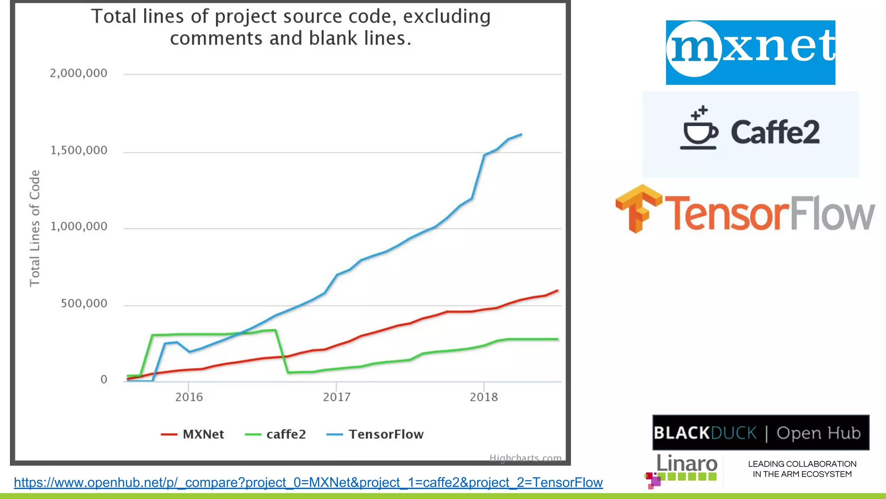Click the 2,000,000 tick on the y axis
(78, 73)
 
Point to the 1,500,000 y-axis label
(78, 150)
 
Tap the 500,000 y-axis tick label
(84, 304)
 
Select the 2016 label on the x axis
(189, 397)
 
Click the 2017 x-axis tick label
(337, 397)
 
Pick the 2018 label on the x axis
(484, 397)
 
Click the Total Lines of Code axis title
(35, 228)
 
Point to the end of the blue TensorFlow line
(522, 135)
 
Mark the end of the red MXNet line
(557, 291)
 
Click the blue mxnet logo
(750, 52)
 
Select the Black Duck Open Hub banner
(761, 432)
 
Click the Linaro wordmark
(687, 463)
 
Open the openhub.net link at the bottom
(308, 483)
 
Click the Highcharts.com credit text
(525, 458)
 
